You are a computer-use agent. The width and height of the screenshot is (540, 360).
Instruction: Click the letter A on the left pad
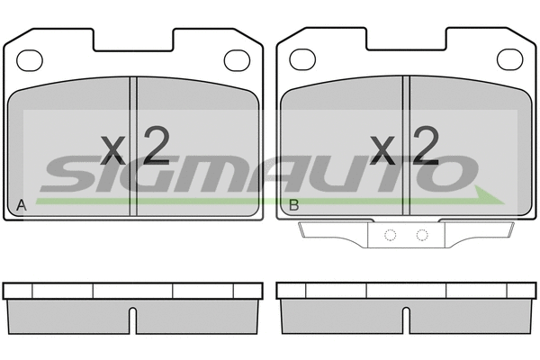click(22, 205)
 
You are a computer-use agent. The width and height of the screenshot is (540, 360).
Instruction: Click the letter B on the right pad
click(293, 205)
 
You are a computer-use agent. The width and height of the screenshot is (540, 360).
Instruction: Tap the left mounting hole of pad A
click(30, 60)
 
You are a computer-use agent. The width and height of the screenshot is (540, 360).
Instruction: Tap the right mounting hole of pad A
click(237, 60)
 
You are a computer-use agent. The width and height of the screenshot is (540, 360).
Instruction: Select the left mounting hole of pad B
click(302, 59)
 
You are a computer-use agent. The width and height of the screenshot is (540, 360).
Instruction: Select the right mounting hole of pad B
click(510, 59)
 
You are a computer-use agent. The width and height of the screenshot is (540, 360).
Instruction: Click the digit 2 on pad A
click(157, 145)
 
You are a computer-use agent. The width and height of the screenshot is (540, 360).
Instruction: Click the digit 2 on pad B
click(426, 145)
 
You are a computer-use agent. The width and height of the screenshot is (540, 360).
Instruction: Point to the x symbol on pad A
click(112, 150)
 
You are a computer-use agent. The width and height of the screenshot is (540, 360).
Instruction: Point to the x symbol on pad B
click(382, 150)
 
